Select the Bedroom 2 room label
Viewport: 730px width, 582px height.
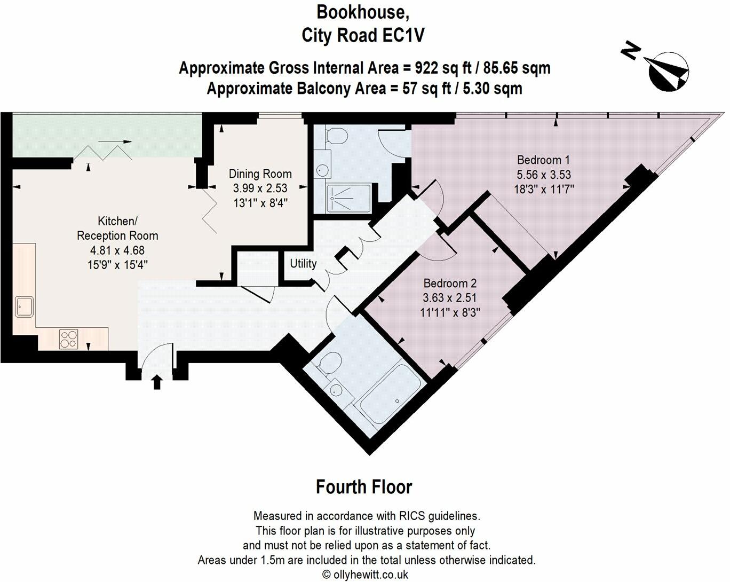(449, 284)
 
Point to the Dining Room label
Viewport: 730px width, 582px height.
(260, 174)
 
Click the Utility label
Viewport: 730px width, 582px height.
(303, 263)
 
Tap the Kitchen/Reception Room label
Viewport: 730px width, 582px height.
(117, 228)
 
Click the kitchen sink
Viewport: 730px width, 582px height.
(24, 306)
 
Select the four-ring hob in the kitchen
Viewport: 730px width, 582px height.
(69, 339)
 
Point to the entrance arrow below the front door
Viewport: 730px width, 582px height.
(157, 382)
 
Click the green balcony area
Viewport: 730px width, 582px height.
(107, 136)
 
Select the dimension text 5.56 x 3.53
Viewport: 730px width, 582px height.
(544, 175)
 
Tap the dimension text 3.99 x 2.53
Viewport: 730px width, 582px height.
(260, 188)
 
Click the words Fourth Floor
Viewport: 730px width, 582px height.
(364, 487)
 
